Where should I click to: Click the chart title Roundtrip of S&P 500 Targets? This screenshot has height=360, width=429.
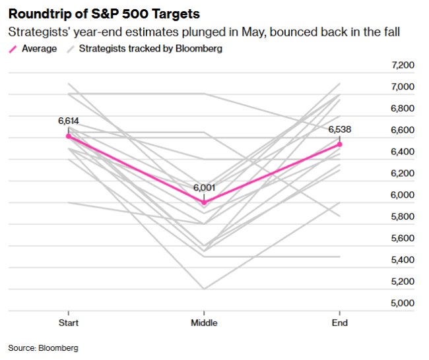[104, 13]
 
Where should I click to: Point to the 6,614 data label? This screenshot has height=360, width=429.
[69, 121]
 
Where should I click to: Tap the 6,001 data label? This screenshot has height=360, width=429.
[204, 188]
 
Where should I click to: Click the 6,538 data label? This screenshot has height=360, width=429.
[339, 129]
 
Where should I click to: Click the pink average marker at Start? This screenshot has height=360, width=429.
[69, 136]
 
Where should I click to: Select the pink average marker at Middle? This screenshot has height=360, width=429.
[204, 202]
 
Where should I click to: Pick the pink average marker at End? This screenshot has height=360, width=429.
[339, 144]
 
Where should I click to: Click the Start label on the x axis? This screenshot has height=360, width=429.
[69, 322]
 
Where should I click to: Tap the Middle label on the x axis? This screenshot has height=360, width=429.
[204, 322]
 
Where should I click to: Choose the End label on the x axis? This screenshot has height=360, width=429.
[339, 322]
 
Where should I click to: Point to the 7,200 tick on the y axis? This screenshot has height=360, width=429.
[403, 65]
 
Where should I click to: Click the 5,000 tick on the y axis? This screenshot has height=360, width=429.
[403, 303]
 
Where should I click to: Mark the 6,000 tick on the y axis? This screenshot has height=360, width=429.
[403, 195]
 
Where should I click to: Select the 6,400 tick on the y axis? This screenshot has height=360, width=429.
[403, 152]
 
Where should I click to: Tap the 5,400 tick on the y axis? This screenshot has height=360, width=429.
[403, 260]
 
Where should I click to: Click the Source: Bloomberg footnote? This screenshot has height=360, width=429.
[43, 347]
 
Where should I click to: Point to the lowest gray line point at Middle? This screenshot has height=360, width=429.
[204, 289]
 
